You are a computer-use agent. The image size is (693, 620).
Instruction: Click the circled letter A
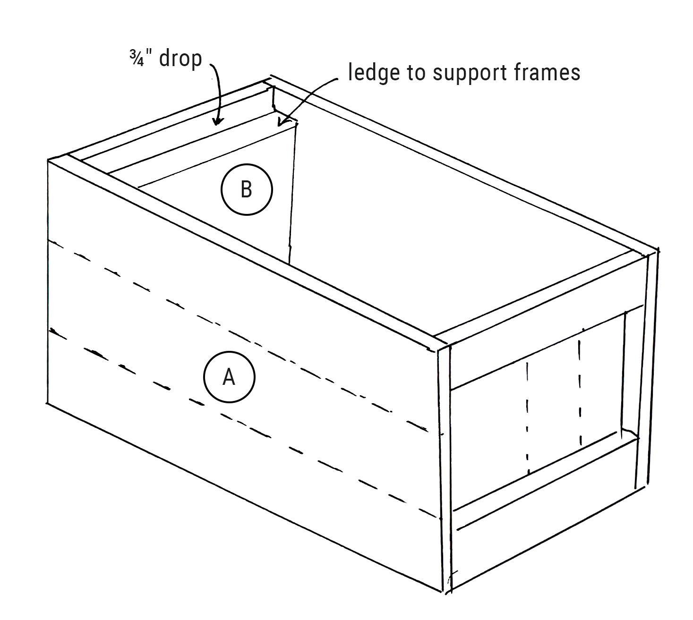tap(229, 377)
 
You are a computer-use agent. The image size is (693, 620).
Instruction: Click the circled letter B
tap(247, 189)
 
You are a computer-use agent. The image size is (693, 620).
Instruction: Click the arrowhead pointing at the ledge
tap(280, 124)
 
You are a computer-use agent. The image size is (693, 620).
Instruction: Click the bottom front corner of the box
tap(447, 591)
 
